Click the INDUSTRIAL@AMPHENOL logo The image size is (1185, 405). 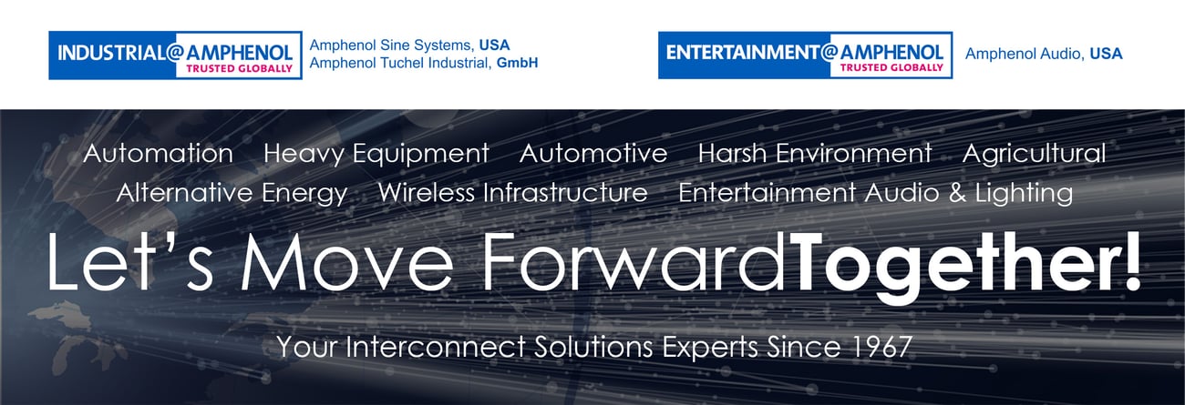pos(175,55)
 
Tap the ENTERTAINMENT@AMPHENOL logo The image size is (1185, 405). pos(805,55)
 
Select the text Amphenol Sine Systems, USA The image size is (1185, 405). pos(409,45)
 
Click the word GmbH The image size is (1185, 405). pos(517,63)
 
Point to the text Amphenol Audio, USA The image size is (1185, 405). pos(1044,54)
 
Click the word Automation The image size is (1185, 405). pos(159,154)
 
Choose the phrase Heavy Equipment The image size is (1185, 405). pos(376,154)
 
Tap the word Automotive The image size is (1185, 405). pos(593,154)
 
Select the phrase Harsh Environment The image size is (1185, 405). pos(815,154)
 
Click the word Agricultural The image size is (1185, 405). pos(1035,154)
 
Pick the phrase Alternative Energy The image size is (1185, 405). pos(232,193)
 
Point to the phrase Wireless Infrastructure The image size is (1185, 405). pos(512,192)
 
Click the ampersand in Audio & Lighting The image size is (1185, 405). pos(957,193)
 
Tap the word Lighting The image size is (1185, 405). pos(1025,193)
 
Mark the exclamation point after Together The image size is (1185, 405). pos(1131,262)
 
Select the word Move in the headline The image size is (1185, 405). pos(347,262)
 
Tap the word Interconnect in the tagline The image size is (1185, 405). pos(435,347)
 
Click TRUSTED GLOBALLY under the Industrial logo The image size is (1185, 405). pos(239,68)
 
